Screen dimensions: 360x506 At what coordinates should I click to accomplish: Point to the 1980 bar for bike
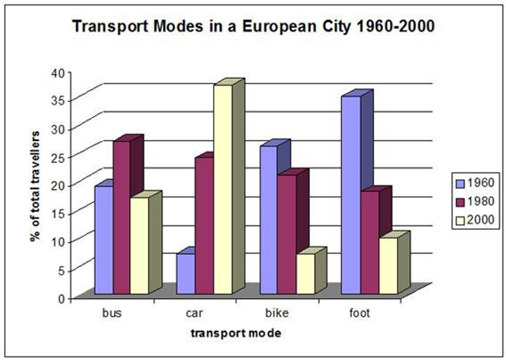(286, 234)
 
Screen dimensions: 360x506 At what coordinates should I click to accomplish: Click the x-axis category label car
(193, 315)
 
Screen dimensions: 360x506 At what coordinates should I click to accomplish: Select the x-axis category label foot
(359, 315)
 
